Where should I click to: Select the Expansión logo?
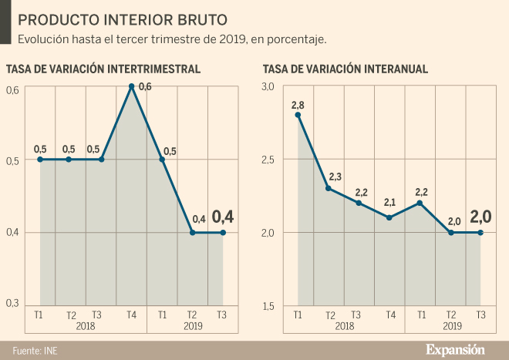(456, 349)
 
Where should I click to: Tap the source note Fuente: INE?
(35, 350)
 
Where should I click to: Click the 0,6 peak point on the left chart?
(132, 86)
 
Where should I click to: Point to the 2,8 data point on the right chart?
(298, 115)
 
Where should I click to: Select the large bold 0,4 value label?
(224, 216)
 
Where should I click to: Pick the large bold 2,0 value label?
(482, 216)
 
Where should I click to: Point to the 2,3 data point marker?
(329, 188)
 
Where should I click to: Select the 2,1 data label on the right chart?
(389, 202)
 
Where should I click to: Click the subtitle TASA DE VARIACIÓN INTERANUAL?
(346, 69)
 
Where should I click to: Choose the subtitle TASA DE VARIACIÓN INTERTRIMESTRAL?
(103, 69)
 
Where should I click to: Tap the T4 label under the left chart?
(131, 315)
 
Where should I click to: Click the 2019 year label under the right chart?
(450, 325)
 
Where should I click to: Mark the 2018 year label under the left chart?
(86, 325)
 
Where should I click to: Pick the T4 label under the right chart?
(390, 315)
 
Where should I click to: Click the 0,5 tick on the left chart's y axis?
(12, 161)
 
